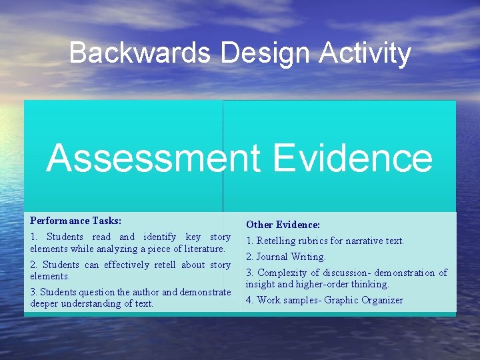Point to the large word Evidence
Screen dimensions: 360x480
point(353,158)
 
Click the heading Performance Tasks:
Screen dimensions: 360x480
point(75,220)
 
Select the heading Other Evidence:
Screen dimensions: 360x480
point(283,225)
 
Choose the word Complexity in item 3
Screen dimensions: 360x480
point(283,273)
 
